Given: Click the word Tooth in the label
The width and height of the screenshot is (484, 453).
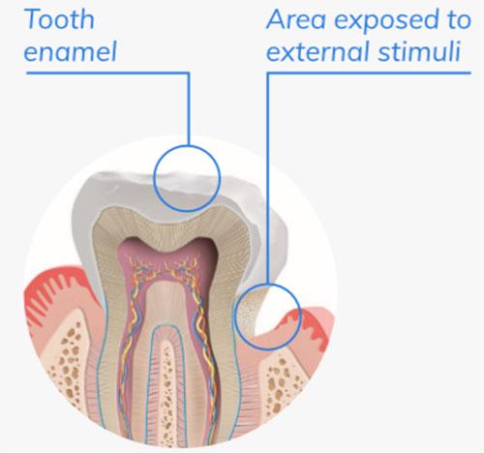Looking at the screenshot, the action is click(x=59, y=19).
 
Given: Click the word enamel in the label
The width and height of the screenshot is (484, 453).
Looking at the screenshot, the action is click(x=70, y=51).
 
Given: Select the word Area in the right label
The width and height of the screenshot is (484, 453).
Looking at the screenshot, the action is click(x=296, y=19).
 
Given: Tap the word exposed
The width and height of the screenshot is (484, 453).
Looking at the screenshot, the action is click(x=386, y=21).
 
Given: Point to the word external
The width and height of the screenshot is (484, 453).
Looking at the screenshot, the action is click(x=318, y=51).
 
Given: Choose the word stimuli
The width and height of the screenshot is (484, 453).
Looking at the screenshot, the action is click(x=419, y=51).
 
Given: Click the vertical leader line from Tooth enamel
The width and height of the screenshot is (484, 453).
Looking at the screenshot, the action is click(x=189, y=109).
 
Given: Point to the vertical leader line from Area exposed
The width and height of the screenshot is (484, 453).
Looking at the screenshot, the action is click(x=267, y=178).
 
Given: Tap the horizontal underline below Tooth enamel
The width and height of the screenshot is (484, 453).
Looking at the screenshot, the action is click(x=107, y=73).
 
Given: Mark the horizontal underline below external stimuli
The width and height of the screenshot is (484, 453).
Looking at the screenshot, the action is click(x=369, y=73).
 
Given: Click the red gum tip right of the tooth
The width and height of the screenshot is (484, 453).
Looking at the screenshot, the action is click(x=308, y=322).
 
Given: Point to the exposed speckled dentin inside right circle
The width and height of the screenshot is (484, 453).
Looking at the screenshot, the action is click(x=249, y=313).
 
